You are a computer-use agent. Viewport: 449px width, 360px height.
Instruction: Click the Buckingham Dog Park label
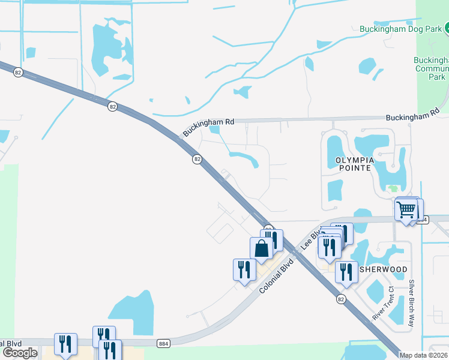coord(400,28)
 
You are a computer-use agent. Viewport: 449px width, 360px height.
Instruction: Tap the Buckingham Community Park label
coord(431,68)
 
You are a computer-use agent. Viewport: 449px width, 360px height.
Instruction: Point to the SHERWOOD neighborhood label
coord(383,270)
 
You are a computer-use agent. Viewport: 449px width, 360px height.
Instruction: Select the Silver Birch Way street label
coord(412,303)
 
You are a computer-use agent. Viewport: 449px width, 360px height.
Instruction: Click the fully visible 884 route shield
coord(163,344)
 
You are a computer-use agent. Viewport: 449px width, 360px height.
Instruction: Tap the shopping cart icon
coord(406,210)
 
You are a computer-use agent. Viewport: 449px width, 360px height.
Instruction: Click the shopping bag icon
coord(261,248)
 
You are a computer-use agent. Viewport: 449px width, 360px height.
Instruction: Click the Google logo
coord(20,353)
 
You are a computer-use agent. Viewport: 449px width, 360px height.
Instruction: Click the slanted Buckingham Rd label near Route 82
coord(209,127)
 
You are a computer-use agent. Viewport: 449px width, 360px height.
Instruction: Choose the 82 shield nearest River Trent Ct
coord(341,298)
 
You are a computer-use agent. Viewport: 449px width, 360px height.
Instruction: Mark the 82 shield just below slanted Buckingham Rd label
coord(197,159)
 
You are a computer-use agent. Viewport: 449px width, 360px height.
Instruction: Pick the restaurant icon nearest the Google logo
coord(65,344)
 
